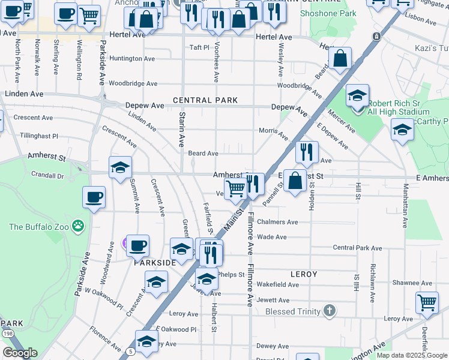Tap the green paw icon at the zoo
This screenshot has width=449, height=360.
[77, 226]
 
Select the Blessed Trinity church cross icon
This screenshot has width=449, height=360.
[328, 310]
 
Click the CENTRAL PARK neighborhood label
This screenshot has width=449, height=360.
[205, 100]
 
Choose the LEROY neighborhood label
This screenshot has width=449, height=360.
[303, 274]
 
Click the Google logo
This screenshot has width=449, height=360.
[20, 353]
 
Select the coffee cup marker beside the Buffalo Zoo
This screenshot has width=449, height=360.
[94, 197]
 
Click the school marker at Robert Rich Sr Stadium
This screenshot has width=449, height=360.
[357, 96]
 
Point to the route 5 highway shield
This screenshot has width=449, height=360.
[131, 351]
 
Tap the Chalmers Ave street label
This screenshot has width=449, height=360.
[277, 222]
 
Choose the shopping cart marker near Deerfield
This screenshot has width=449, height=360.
[427, 302]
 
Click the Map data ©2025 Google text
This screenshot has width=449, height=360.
[411, 355]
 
